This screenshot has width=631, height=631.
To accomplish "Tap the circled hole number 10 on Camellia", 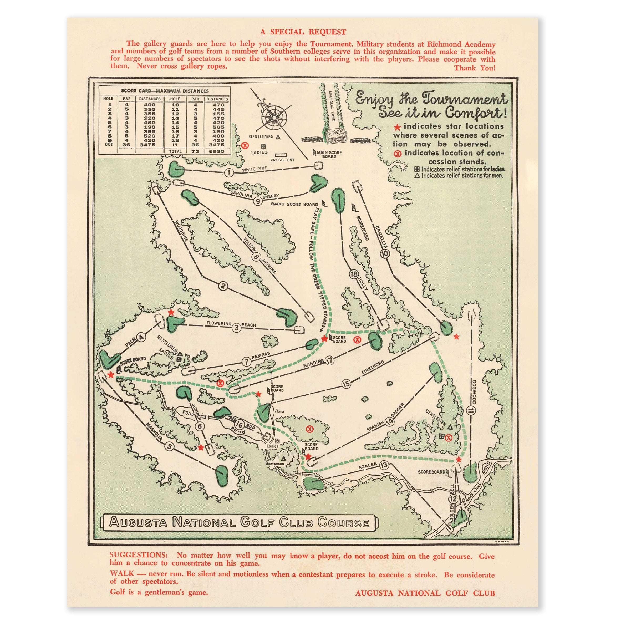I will pyautogui.click(x=385, y=253).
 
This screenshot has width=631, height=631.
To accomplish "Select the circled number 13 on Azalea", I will pyautogui.click(x=384, y=465).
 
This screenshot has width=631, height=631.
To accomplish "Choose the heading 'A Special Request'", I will pyautogui.click(x=303, y=32).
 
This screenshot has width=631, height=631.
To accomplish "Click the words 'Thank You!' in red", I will pyautogui.click(x=475, y=68).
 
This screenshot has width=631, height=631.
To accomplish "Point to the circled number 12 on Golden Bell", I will pyautogui.click(x=453, y=499).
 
